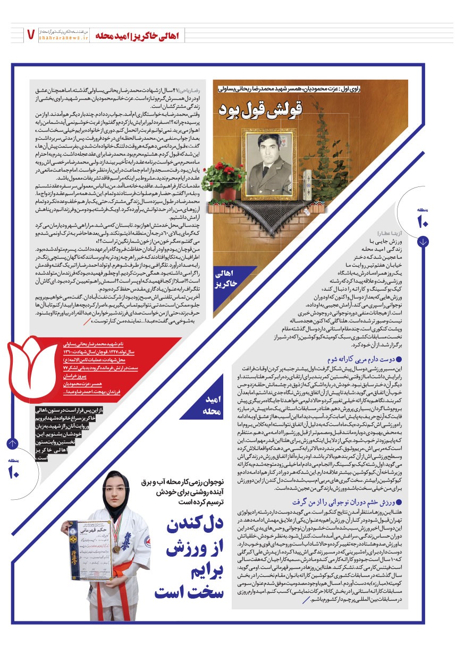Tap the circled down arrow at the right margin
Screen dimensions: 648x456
(423, 242)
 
